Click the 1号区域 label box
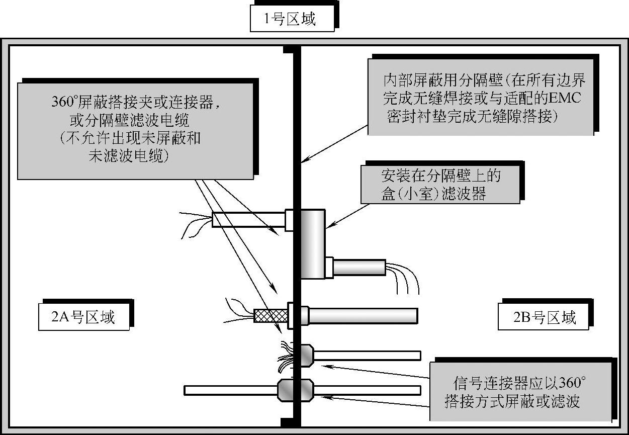(x=292, y=20)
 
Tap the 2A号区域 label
(x=83, y=317)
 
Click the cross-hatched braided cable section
(x=271, y=315)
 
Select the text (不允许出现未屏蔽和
(x=130, y=138)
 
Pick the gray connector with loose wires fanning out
(x=303, y=355)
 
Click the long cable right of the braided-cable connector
(x=362, y=316)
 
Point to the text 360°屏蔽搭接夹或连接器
(x=136, y=102)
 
